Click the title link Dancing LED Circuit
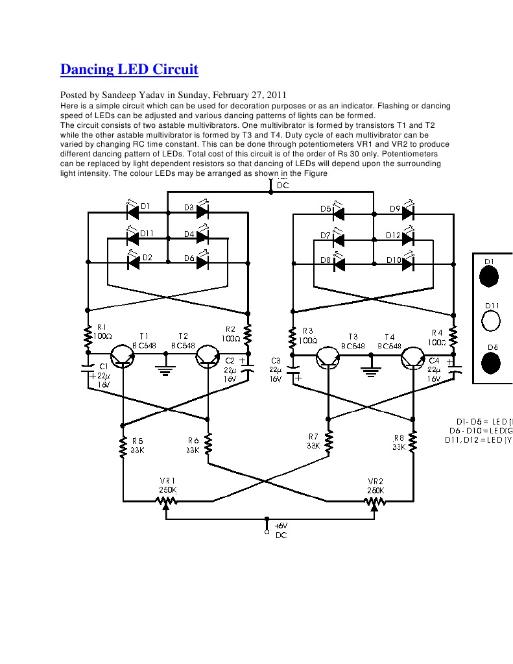[129, 69]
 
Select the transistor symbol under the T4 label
[413, 358]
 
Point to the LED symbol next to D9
[408, 212]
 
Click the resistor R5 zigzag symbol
[122, 447]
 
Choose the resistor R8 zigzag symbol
[413, 441]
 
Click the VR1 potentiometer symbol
[167, 500]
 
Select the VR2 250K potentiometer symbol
[374, 500]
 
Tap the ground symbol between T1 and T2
[165, 371]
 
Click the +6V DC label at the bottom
[280, 530]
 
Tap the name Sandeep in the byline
[115, 94]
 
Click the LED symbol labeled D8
[338, 264]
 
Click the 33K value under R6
[193, 450]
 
